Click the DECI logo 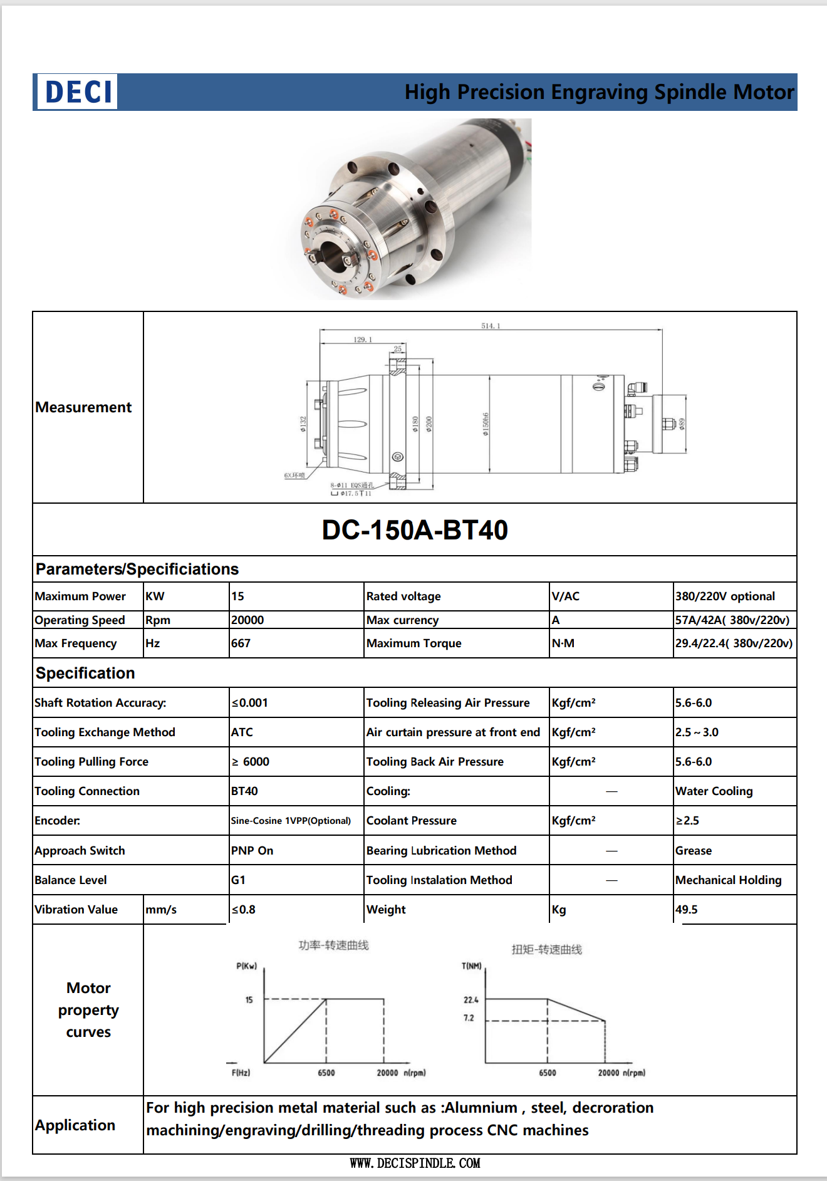78,92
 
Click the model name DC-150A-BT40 415,530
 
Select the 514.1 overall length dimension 490,326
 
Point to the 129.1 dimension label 362,340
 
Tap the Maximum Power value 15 238,596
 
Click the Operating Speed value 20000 247,620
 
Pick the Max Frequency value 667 241,643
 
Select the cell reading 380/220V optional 725,596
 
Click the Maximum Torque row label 414,643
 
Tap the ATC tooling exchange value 242,732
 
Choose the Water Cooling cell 714,791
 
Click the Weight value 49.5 687,910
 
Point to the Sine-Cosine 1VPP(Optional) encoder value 291,821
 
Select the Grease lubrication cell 694,851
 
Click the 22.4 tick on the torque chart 471,1000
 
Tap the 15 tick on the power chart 249,1000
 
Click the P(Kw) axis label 247,966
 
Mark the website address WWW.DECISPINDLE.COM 415,1163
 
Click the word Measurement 83,407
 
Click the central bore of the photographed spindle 333,256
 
